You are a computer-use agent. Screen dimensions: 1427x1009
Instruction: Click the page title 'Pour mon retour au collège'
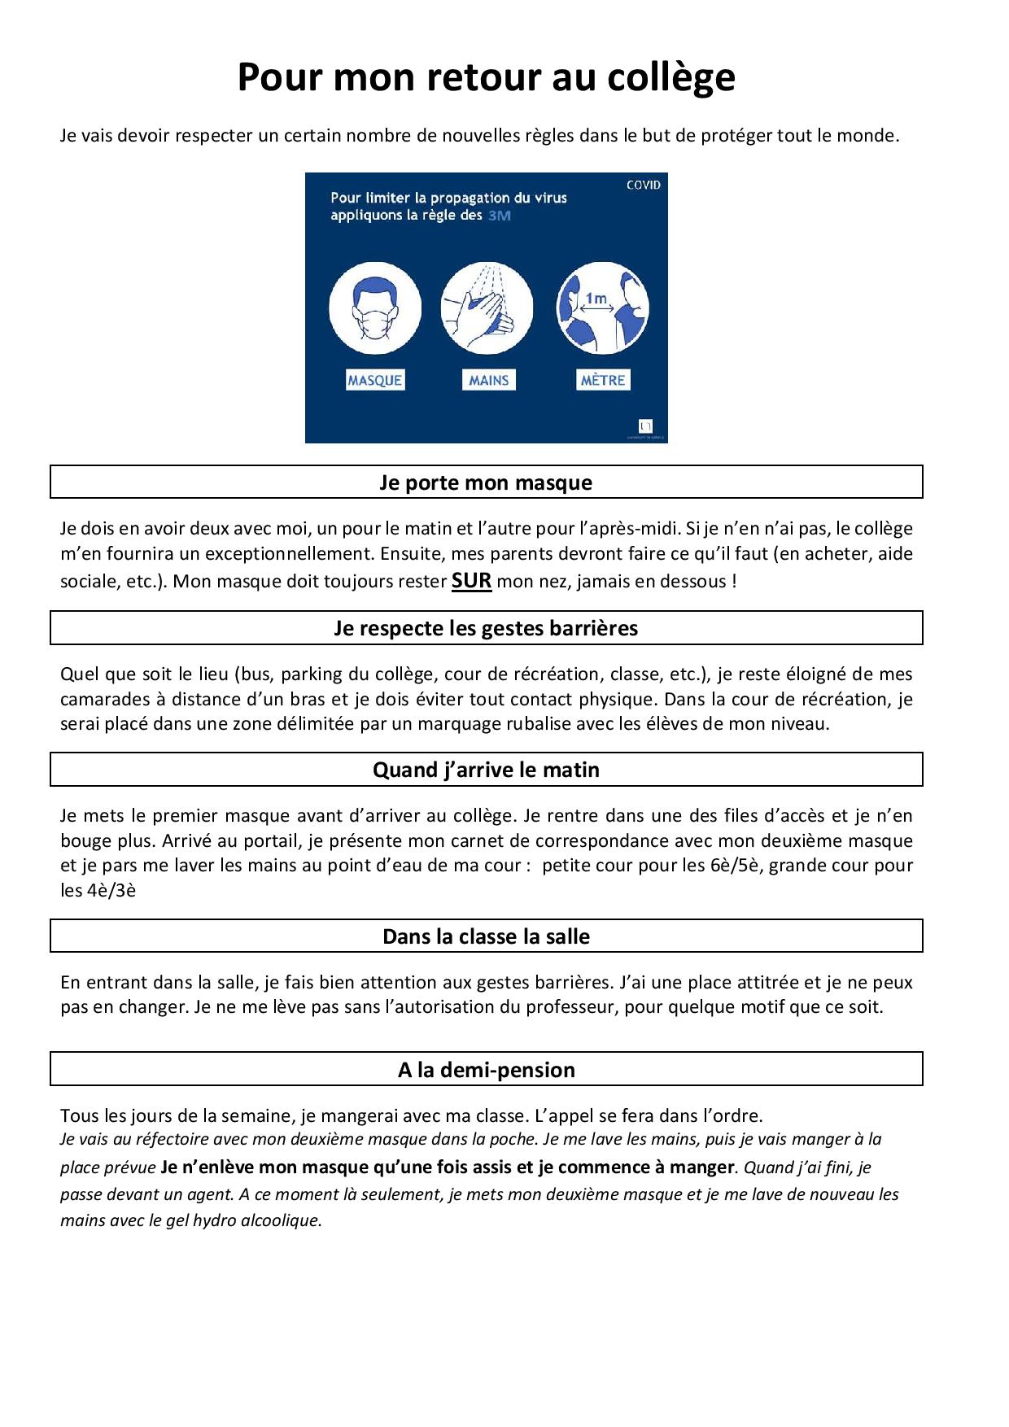tap(486, 78)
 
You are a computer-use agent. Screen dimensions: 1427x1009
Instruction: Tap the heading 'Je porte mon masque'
tap(486, 482)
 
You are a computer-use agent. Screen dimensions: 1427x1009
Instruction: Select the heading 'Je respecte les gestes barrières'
tap(486, 628)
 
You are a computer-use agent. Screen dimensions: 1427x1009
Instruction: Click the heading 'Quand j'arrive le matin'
tap(486, 770)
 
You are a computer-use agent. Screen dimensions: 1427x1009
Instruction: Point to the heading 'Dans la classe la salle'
tap(486, 936)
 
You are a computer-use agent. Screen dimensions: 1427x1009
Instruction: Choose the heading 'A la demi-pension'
tap(486, 1070)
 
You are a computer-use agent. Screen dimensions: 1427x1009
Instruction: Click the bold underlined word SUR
tap(471, 581)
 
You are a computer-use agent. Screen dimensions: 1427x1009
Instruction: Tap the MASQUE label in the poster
tap(375, 380)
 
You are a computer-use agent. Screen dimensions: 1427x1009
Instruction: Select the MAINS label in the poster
tap(488, 380)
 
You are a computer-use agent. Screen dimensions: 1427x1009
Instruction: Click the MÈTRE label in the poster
tap(602, 380)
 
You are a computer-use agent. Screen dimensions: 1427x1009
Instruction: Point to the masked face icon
tap(375, 309)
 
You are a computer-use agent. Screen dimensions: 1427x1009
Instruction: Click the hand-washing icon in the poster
tap(487, 309)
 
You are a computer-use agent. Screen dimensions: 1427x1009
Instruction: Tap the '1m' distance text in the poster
tap(596, 299)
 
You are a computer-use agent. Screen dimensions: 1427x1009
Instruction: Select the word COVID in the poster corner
tap(643, 185)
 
